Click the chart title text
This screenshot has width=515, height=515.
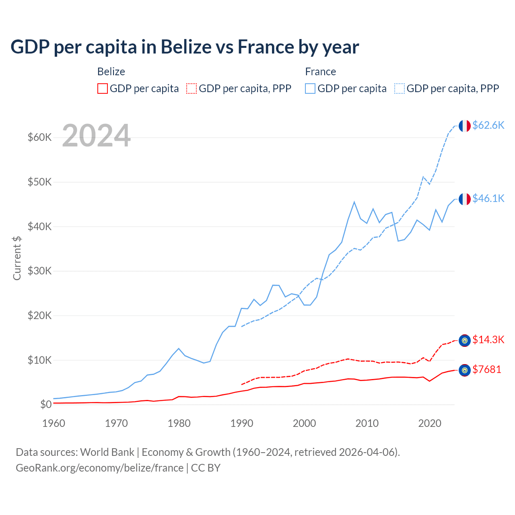click(185, 47)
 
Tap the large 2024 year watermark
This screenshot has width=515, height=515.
click(97, 136)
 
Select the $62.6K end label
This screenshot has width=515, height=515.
click(488, 125)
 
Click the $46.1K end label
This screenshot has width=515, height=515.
click(488, 198)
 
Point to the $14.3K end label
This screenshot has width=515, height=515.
click(488, 340)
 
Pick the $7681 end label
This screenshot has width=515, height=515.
click(486, 369)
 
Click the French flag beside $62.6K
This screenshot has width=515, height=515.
click(465, 126)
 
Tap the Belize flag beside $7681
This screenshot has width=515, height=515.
click(465, 370)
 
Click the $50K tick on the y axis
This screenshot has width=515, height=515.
click(40, 182)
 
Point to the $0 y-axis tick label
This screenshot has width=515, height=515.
click(46, 404)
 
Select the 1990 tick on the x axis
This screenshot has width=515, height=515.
click(242, 423)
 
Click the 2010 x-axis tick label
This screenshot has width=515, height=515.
click(367, 423)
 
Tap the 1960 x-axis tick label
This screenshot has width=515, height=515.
click(54, 423)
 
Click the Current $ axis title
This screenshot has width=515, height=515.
click(17, 258)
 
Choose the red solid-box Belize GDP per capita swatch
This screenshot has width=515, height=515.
click(103, 89)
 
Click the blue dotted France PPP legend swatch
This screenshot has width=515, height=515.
click(400, 89)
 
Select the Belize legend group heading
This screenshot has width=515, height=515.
click(111, 72)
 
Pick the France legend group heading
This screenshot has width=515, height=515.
click(320, 72)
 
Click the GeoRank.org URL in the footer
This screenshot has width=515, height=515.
click(99, 468)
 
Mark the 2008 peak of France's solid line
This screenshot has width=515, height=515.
click(354, 202)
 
